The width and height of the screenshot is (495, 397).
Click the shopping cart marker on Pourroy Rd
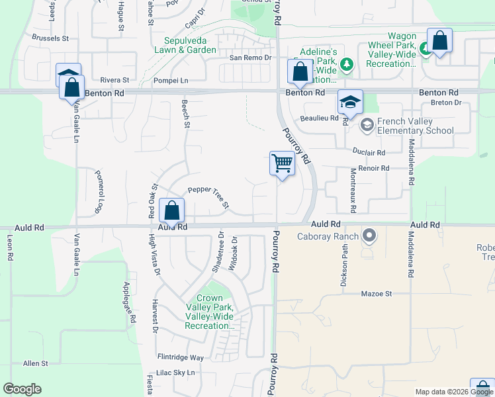(283, 163)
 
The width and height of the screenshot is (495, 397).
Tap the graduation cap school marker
(350, 102)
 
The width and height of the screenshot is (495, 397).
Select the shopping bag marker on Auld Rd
(171, 212)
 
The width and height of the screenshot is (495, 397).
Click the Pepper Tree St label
(208, 197)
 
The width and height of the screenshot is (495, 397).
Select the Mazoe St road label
(377, 293)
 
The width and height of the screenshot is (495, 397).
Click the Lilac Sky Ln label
(176, 373)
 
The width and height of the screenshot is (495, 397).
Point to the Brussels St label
(50, 38)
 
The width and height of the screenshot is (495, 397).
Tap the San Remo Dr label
(251, 58)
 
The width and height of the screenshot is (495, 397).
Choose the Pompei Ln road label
(171, 80)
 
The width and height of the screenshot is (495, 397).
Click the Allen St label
(36, 363)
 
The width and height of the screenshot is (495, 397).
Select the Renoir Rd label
(373, 168)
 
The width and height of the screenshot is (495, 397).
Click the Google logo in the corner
(22, 389)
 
